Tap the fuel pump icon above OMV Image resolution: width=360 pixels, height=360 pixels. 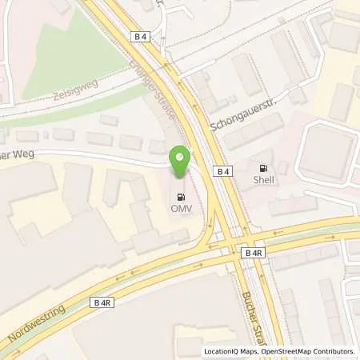pyautogui.click(x=180, y=195)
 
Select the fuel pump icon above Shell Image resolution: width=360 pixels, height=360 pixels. pyautogui.click(x=262, y=168)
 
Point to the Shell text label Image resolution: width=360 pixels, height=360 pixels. pyautogui.click(x=262, y=180)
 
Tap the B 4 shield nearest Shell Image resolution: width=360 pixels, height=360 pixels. pyautogui.click(x=222, y=171)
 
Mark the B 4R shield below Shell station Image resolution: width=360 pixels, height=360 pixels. pyautogui.click(x=251, y=252)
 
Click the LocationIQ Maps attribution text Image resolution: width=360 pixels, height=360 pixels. pyautogui.click(x=232, y=351)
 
